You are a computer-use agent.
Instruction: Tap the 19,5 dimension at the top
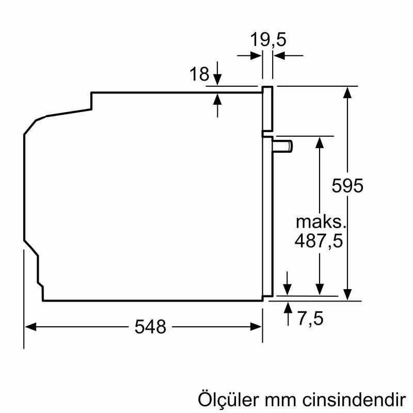click(x=268, y=39)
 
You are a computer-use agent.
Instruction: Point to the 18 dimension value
click(x=199, y=75)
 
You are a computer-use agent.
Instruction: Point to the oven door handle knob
click(x=284, y=146)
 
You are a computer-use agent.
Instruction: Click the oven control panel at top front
click(x=267, y=108)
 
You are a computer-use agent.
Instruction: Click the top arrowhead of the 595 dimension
click(x=350, y=92)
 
